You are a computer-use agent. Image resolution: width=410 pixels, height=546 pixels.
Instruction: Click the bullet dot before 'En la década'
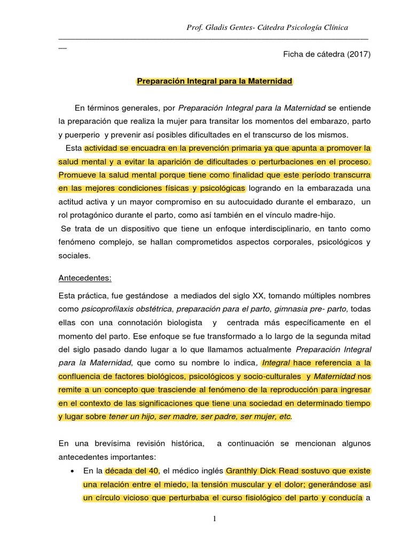point(72,471)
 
